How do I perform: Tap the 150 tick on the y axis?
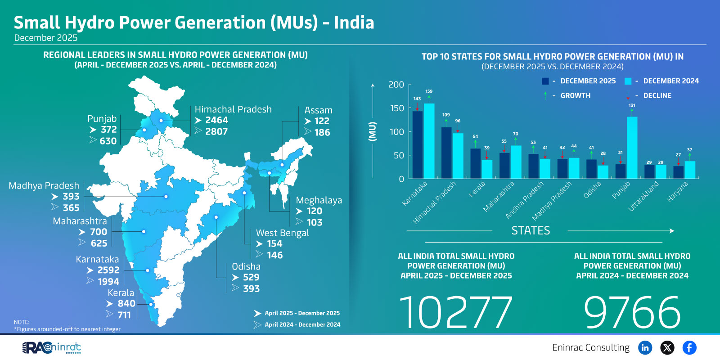pos(396,108)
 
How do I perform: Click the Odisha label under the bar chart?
pos(593,190)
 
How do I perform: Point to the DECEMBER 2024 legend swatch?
pos(628,81)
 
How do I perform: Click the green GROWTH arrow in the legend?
pos(545,95)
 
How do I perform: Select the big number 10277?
pos(456,312)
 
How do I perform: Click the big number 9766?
pos(632,312)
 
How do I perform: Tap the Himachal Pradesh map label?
pos(233,109)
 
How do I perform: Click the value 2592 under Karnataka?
pos(108,270)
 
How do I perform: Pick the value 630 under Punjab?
pos(108,141)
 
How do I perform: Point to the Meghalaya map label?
pos(319,200)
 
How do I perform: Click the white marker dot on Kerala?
pos(151,304)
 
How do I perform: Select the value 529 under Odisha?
pos(251,277)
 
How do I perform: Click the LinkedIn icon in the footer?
pos(645,347)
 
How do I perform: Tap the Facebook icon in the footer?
pos(689,347)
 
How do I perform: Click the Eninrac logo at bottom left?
pos(52,347)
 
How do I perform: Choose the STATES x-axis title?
pos(531,231)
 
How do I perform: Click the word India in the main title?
pos(354,22)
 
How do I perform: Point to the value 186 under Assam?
pos(322,132)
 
